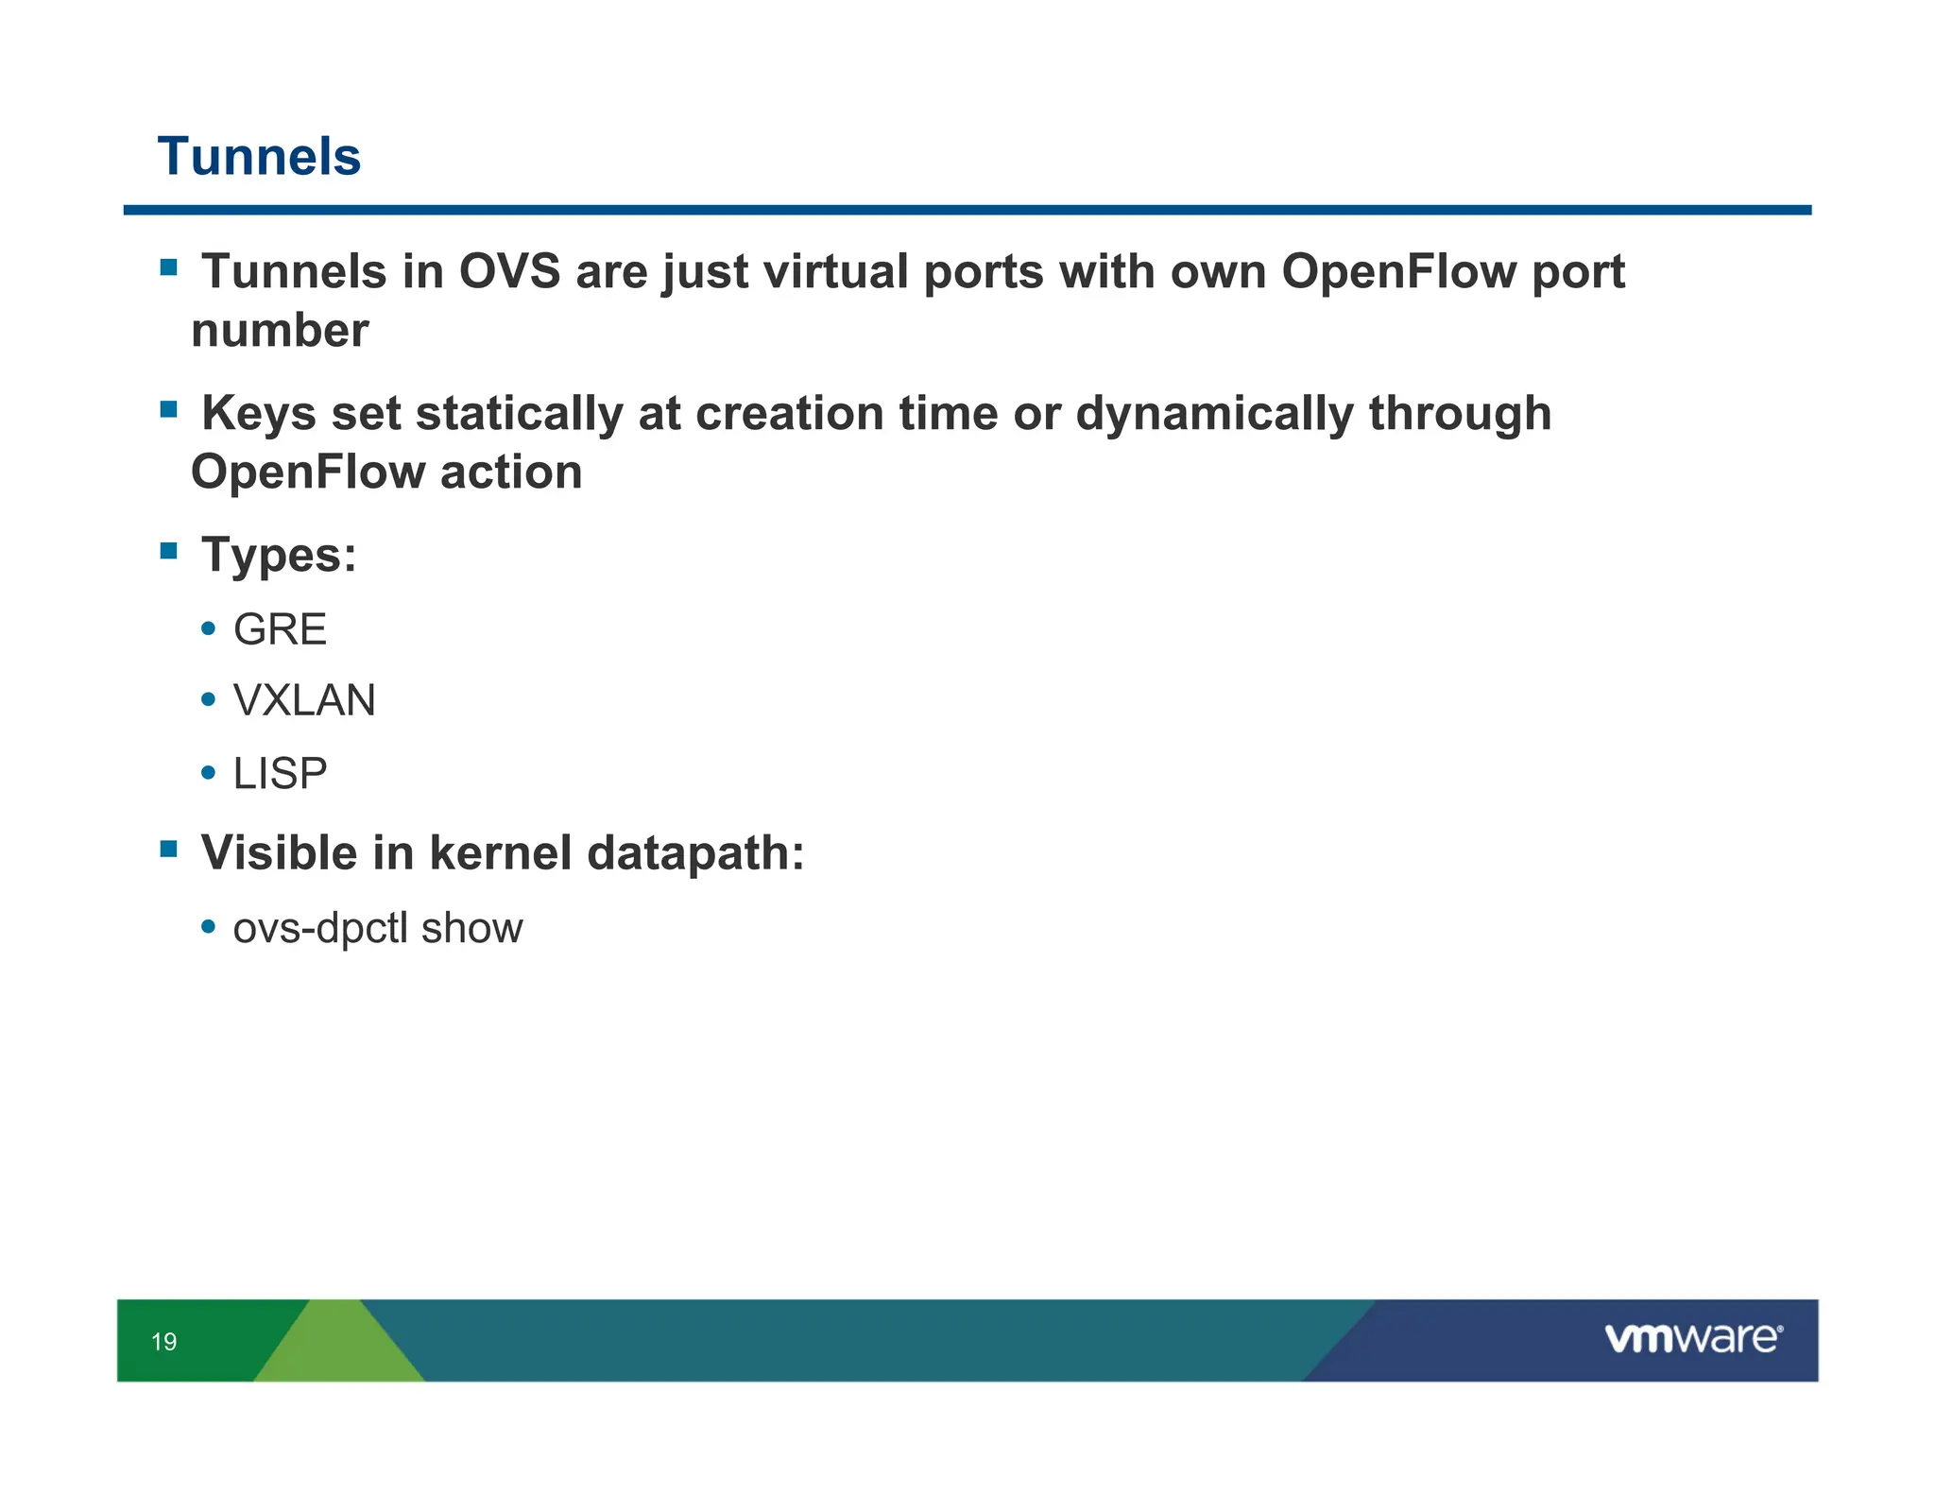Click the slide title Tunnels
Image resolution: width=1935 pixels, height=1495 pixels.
[259, 156]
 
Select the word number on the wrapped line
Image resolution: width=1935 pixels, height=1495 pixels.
[280, 331]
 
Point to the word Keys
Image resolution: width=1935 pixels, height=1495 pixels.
[258, 414]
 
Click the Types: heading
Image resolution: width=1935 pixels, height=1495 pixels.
[279, 555]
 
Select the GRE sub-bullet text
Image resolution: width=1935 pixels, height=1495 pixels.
[280, 629]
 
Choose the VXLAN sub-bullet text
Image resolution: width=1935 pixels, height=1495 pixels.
[304, 701]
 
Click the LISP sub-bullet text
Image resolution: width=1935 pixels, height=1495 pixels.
[280, 774]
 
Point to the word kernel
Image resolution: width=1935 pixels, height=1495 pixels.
[501, 852]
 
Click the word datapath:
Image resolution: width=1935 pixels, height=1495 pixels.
[695, 852]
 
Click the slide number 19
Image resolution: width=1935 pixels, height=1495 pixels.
[163, 1342]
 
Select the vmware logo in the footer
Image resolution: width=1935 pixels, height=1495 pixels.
[1693, 1338]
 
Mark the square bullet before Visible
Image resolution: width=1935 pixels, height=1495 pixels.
[169, 849]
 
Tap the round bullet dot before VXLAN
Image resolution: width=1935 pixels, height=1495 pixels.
[209, 700]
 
